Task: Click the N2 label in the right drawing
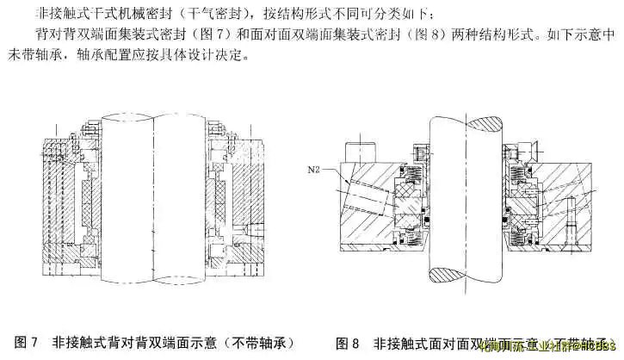315,171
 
